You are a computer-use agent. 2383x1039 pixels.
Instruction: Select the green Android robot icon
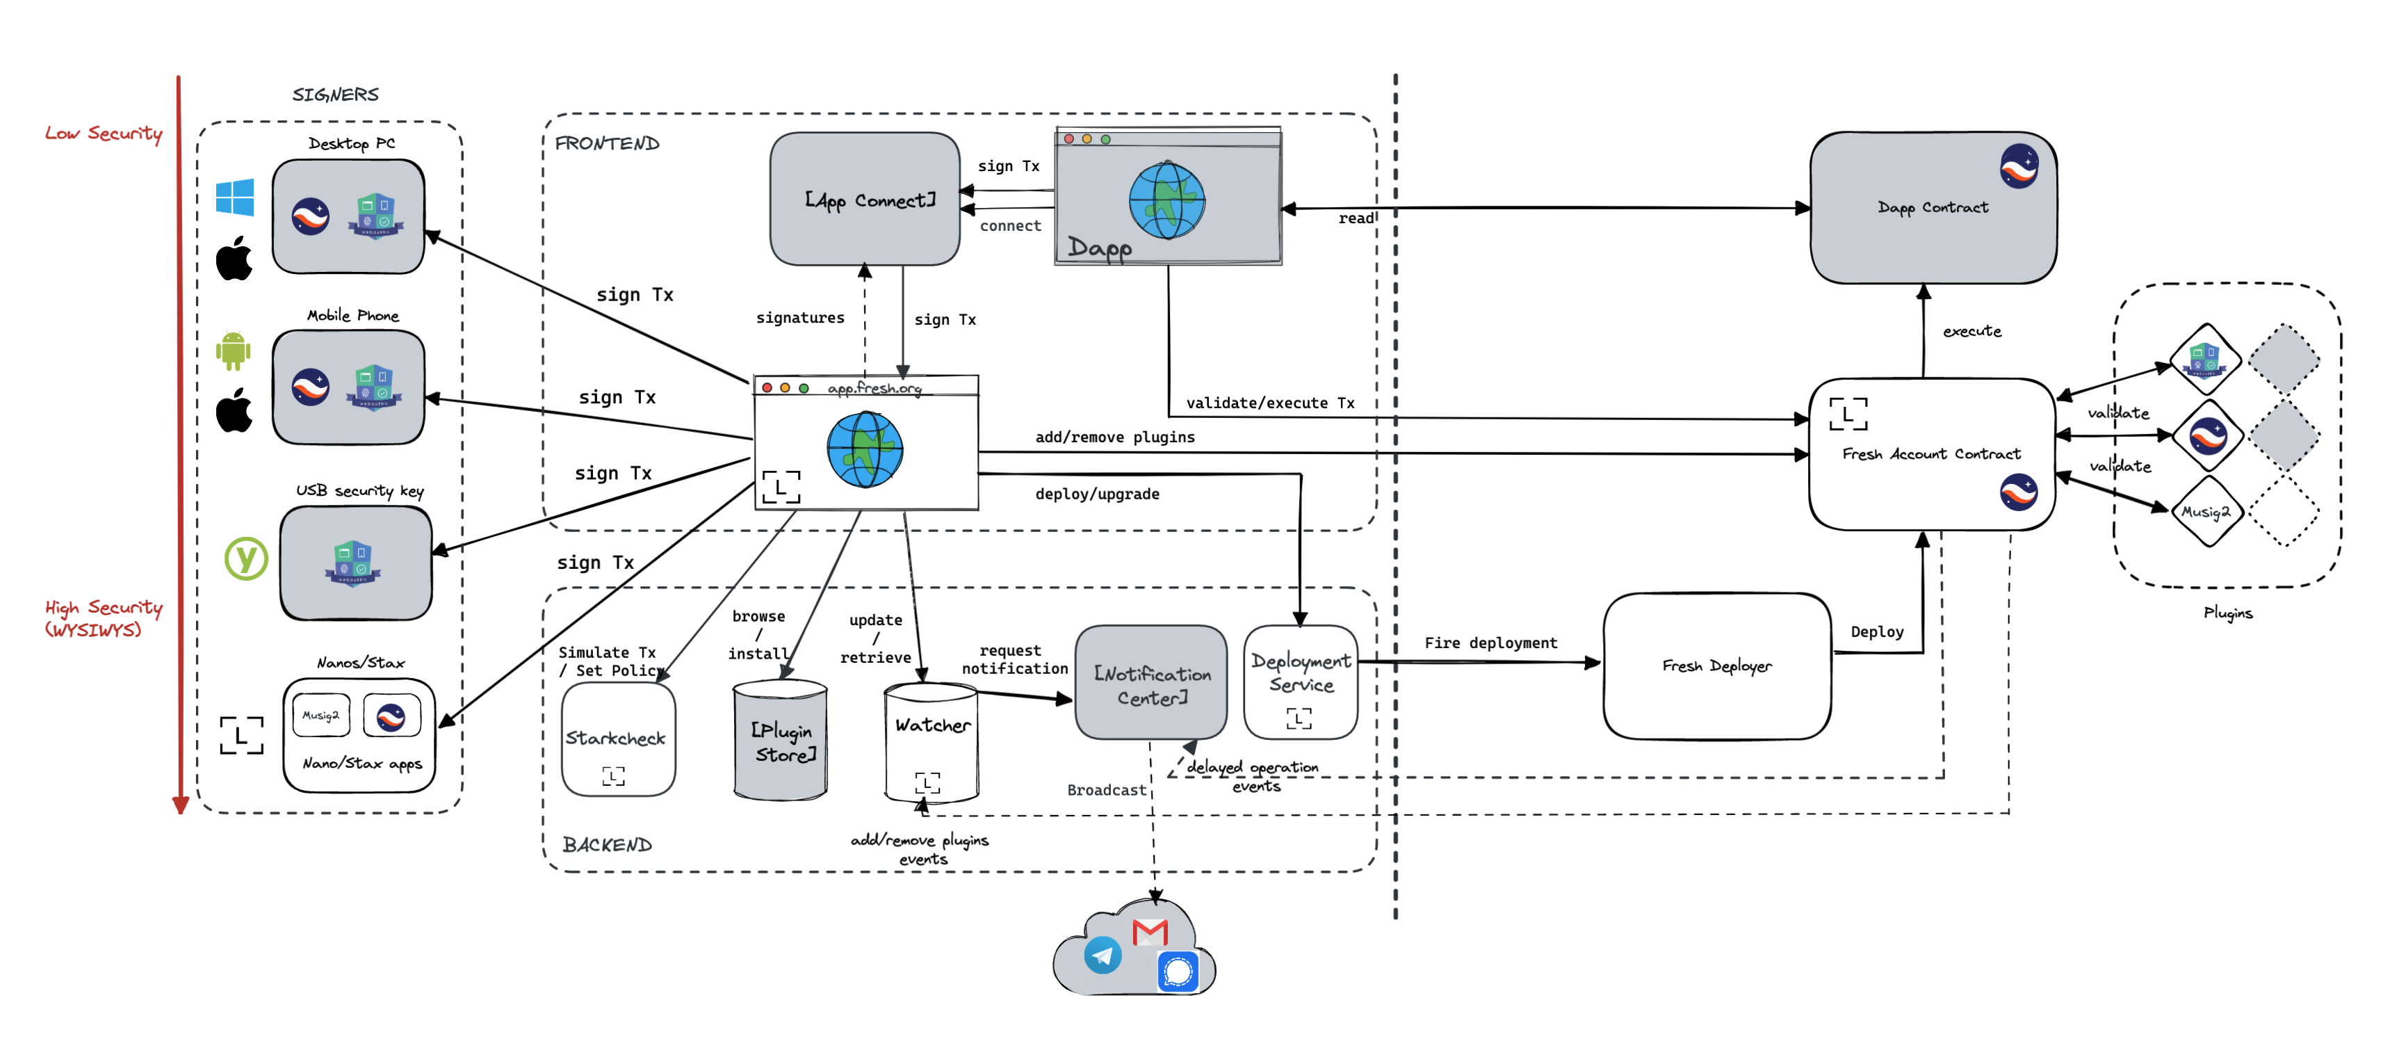pyautogui.click(x=233, y=351)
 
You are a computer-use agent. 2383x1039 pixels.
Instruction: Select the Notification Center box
pyautogui.click(x=1152, y=684)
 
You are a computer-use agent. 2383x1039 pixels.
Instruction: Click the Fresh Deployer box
pyautogui.click(x=1716, y=666)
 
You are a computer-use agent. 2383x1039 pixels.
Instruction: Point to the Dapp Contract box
pyautogui.click(x=1933, y=207)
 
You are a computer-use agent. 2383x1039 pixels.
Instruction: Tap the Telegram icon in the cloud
pyautogui.click(x=1103, y=955)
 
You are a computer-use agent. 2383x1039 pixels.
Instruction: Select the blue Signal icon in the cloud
pyautogui.click(x=1178, y=972)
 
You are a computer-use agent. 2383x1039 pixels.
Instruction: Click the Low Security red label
pyautogui.click(x=104, y=134)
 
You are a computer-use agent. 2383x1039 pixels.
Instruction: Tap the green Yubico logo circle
pyautogui.click(x=246, y=558)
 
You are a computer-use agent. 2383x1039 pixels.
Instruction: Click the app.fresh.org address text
pyautogui.click(x=875, y=389)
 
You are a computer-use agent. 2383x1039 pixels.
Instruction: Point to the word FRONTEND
pyautogui.click(x=607, y=143)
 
